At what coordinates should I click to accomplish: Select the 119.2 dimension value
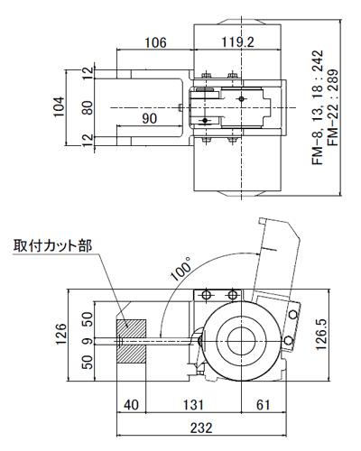pos(236,41)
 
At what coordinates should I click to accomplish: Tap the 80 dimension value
pos(87,107)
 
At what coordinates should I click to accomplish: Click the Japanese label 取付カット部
pos(52,245)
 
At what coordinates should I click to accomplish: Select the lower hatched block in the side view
pos(132,354)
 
